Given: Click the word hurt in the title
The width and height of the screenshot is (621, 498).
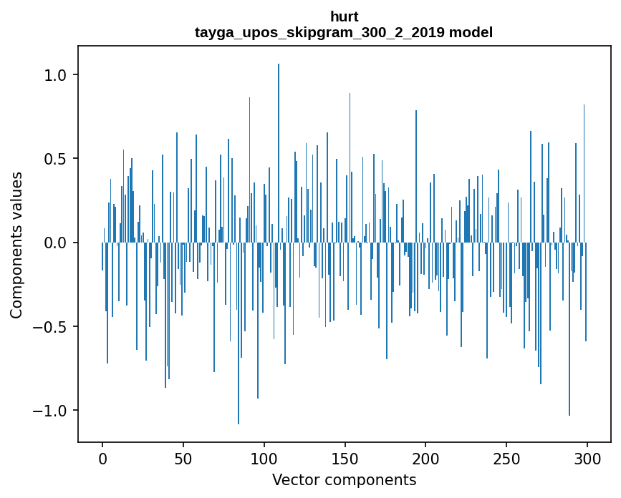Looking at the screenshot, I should (344, 16).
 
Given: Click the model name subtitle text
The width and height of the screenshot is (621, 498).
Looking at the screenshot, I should (344, 32).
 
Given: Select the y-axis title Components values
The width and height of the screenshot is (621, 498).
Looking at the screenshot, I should (16, 245).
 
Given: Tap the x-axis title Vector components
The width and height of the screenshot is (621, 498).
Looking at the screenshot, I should (344, 479).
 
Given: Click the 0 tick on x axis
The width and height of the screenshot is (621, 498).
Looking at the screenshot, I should (102, 458).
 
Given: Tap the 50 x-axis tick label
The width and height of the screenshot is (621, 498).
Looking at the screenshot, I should (183, 458).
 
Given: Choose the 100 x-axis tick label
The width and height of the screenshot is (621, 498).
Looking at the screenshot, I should (264, 458).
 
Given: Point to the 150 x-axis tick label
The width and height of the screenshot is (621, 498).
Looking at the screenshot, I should (345, 458).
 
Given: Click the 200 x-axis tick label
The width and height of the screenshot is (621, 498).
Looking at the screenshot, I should (425, 458).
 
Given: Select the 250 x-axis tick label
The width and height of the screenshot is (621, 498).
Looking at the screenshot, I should (506, 458).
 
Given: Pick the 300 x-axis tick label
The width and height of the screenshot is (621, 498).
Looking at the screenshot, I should (587, 458).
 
